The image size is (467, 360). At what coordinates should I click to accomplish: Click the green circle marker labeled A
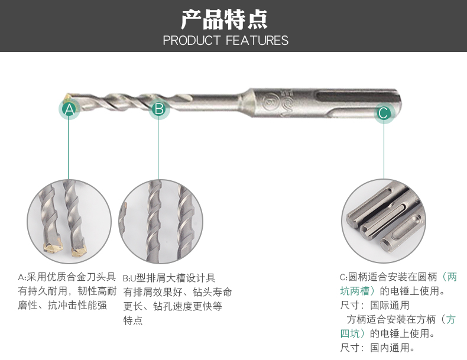click(x=69, y=109)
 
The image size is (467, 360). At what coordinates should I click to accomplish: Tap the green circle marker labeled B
click(x=159, y=109)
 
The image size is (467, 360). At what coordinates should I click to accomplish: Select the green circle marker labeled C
click(x=384, y=113)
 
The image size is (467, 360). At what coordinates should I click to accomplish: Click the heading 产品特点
click(x=224, y=20)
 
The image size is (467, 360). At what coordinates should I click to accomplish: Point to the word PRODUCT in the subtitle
click(x=192, y=41)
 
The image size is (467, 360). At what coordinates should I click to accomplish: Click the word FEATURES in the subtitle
click(x=257, y=41)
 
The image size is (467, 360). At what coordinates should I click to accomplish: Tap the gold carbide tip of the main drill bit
click(x=67, y=96)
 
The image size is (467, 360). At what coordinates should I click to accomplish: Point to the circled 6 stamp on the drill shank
click(x=270, y=100)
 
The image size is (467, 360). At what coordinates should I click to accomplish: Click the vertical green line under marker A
click(x=69, y=149)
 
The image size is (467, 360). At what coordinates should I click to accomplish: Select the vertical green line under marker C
click(x=384, y=151)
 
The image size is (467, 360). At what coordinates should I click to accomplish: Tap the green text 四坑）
click(x=355, y=333)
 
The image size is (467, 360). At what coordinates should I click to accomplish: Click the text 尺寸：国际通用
click(x=375, y=305)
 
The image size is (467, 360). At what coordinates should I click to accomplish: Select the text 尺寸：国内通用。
click(x=377, y=348)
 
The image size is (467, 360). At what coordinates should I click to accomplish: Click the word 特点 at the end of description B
click(x=133, y=320)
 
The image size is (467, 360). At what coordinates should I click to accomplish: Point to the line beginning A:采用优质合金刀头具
click(x=67, y=277)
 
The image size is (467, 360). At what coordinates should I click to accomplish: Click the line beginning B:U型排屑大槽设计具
click(x=169, y=278)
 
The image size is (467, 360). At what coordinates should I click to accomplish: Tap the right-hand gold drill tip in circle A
click(x=79, y=250)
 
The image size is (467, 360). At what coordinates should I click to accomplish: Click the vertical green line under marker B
click(x=158, y=150)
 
